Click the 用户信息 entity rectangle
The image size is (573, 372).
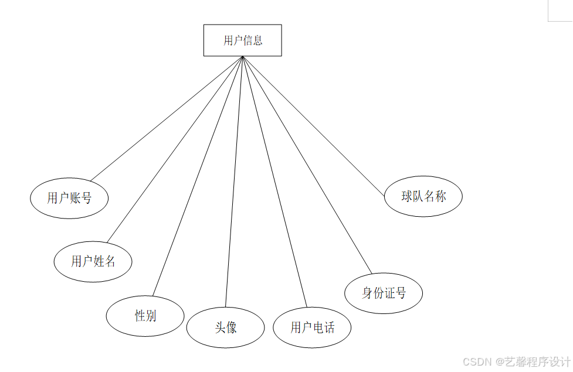tap(242, 40)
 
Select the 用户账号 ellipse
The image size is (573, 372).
tap(69, 198)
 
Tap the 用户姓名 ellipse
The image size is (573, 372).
tap(93, 261)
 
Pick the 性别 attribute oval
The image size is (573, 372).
tap(145, 316)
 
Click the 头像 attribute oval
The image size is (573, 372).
tap(225, 327)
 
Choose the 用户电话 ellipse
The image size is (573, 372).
tap(312, 327)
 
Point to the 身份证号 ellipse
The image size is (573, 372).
tap(384, 293)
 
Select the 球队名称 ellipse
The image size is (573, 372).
tap(423, 196)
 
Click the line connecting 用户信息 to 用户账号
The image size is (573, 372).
tap(167, 118)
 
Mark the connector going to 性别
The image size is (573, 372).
tap(198, 176)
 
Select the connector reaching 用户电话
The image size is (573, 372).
tap(274, 182)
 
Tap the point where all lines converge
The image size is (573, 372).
tap(242, 57)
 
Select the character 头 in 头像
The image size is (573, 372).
tap(220, 327)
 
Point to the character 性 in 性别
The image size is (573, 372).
tap(140, 316)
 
